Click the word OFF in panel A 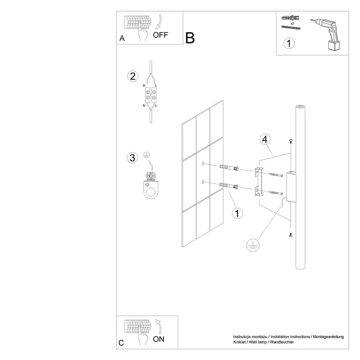160,34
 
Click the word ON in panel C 159,339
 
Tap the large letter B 190,38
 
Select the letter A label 122,39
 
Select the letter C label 122,343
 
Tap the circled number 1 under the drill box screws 289,44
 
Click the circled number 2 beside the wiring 133,76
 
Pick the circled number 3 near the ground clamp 132,157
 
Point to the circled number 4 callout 265,139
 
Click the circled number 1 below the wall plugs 237,213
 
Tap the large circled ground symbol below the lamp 253,245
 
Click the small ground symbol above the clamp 147,155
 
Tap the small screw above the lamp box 291,141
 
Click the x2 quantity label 292,23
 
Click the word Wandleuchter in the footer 283,343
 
